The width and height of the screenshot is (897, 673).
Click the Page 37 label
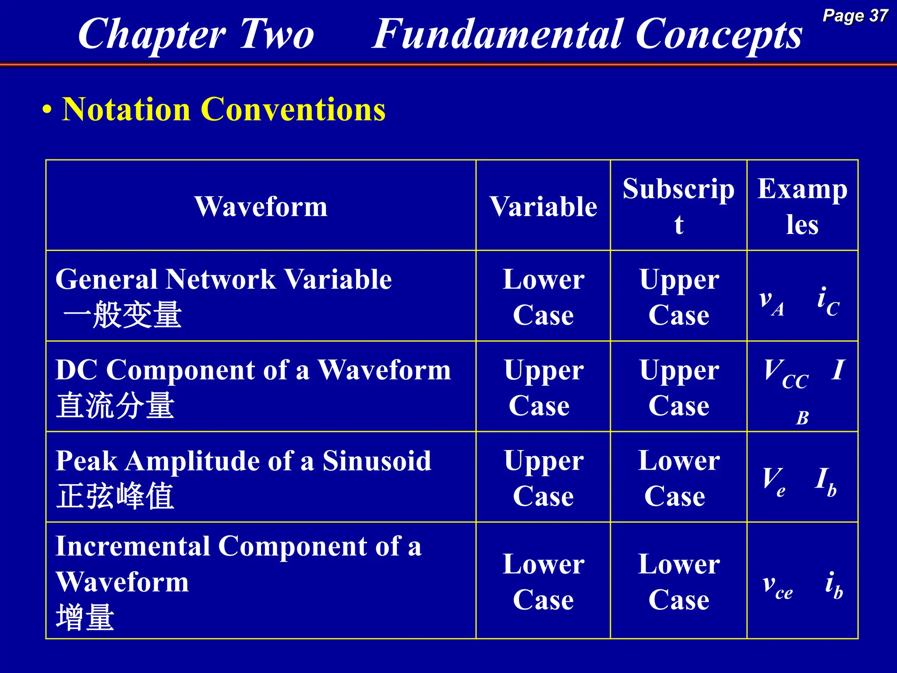click(x=855, y=16)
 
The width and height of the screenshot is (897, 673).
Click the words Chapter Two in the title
click(x=196, y=34)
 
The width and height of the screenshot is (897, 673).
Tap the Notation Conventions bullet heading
click(x=223, y=109)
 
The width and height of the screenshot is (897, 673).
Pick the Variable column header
click(x=543, y=206)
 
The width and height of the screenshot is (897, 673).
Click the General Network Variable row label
click(x=223, y=279)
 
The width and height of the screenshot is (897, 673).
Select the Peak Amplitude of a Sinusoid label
click(x=244, y=460)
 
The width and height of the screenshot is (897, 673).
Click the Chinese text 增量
click(x=85, y=617)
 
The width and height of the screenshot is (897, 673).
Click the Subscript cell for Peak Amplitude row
click(x=678, y=478)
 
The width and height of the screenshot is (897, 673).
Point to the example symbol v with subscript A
click(x=771, y=301)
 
